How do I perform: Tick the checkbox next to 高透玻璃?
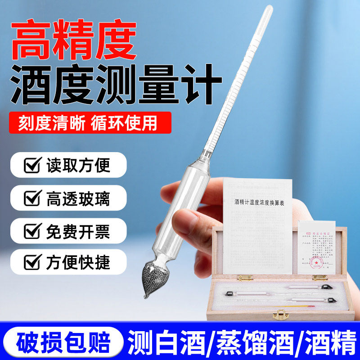pyautogui.click(x=31, y=198)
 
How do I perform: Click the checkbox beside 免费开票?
pyautogui.click(x=31, y=231)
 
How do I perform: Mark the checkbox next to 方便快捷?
pyautogui.click(x=31, y=261)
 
